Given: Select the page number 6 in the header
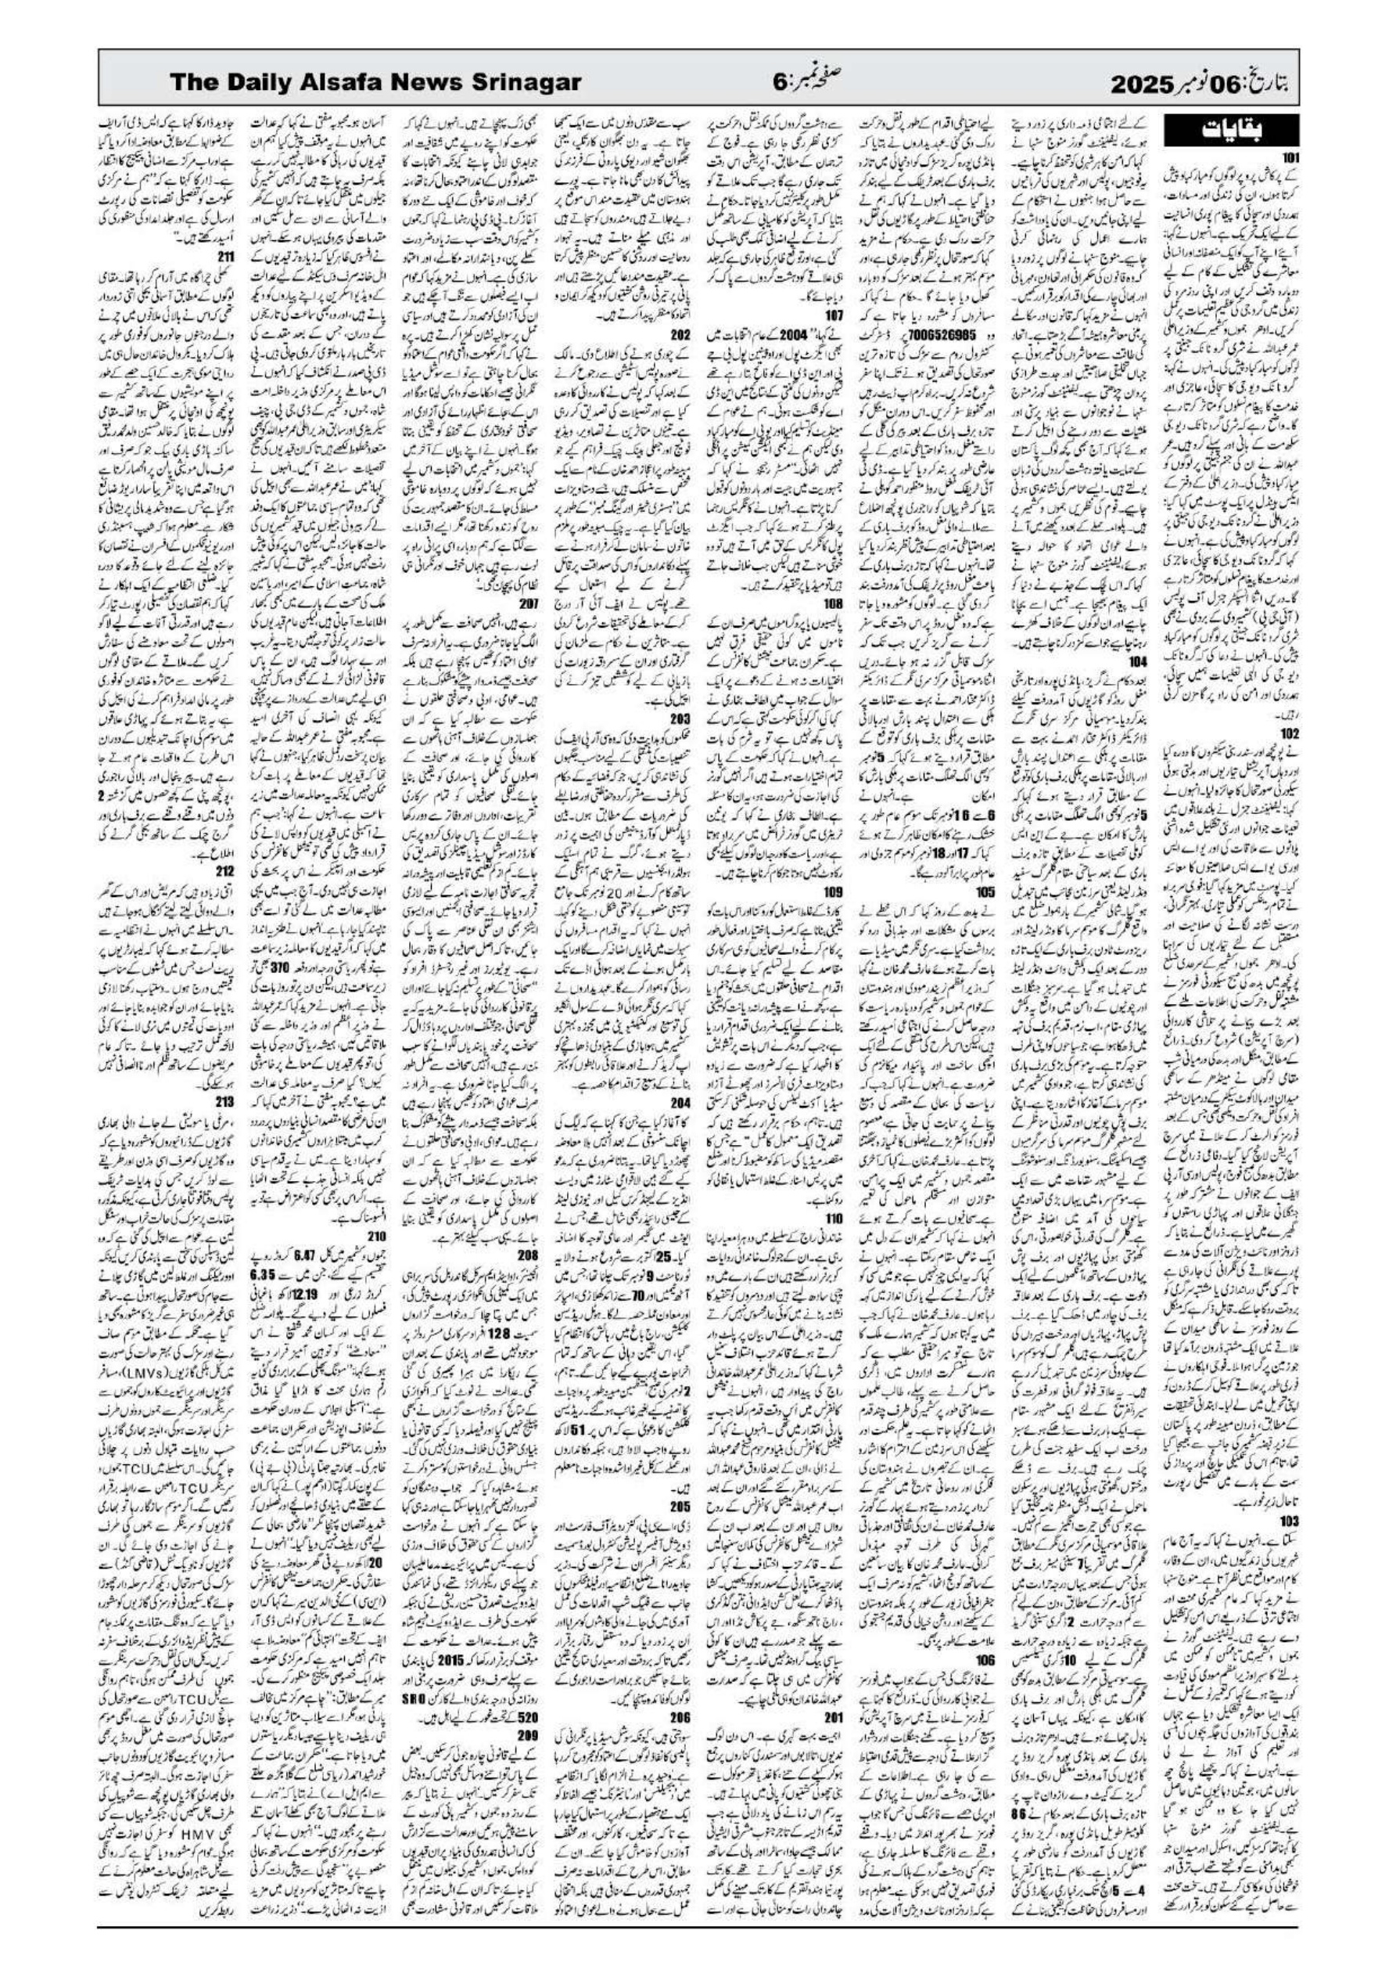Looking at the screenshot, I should tap(778, 83).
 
